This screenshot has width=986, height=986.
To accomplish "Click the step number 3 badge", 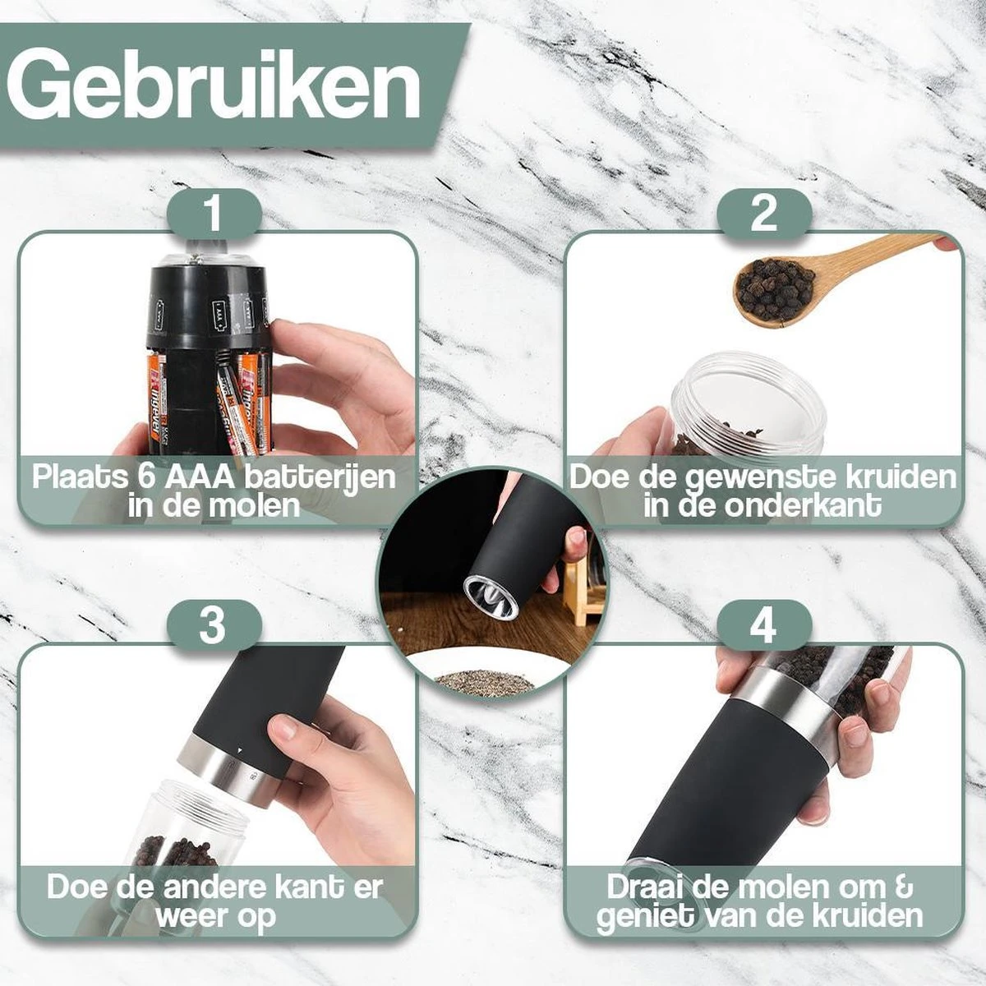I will [214, 626].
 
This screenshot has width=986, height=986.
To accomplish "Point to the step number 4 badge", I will [764, 626].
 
